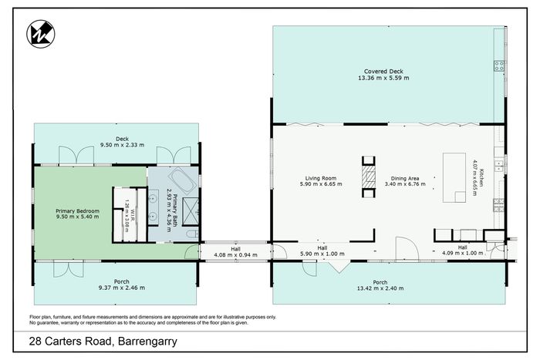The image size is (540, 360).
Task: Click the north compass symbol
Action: (41, 34)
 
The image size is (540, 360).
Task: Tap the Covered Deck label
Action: (383, 72)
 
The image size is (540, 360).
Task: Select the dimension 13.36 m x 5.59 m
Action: (383, 78)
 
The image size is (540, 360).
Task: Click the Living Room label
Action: (321, 178)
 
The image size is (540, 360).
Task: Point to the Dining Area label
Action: (405, 178)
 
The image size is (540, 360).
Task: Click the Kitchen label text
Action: (482, 177)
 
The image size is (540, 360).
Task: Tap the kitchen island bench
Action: (454, 177)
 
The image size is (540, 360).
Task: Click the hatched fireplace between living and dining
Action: (368, 177)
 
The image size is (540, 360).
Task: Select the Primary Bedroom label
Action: (77, 211)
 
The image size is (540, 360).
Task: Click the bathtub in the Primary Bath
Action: (182, 180)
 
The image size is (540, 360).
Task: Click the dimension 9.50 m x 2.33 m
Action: (122, 145)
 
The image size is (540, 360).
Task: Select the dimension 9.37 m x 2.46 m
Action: (122, 288)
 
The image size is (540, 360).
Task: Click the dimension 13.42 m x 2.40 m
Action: (380, 288)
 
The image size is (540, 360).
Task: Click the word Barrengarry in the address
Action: (148, 341)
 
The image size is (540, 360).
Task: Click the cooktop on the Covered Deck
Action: (499, 66)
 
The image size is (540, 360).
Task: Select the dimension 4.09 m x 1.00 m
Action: (463, 254)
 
